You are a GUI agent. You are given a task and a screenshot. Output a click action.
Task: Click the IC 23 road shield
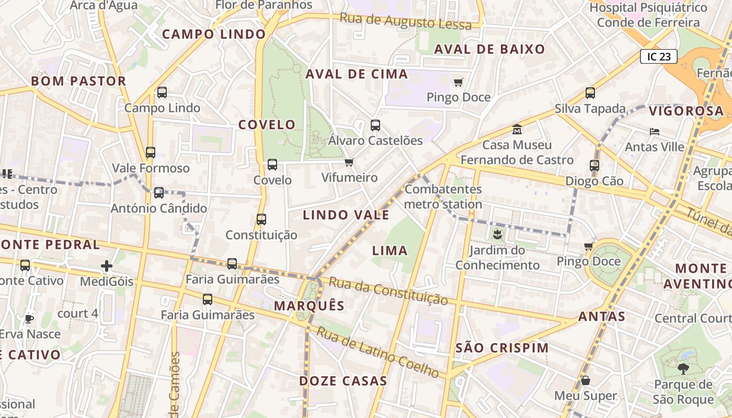point(658,56)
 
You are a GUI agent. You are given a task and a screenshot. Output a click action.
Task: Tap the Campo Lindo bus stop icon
point(162,92)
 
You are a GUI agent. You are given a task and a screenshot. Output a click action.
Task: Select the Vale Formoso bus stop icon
point(151,153)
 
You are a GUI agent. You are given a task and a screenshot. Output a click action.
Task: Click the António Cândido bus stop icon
point(159,193)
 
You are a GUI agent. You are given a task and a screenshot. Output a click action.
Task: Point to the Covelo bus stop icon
point(272,165)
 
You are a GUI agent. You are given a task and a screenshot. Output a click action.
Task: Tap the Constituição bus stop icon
point(261,219)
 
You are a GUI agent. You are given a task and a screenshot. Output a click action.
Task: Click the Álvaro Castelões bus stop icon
point(375,125)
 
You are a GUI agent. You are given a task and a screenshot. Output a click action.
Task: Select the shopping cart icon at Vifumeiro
point(349,162)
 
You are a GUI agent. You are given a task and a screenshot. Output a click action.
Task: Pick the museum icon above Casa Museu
point(517,129)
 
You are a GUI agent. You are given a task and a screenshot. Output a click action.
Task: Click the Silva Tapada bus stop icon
point(590,93)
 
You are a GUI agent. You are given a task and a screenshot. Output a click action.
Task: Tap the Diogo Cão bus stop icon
point(594,166)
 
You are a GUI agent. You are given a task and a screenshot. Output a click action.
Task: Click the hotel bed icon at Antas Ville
point(655,132)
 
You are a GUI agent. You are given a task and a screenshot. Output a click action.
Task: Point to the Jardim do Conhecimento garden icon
point(497,235)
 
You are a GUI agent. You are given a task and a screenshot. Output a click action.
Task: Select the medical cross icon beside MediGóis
point(107,266)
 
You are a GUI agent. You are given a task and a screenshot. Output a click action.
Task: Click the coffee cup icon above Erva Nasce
point(29,319)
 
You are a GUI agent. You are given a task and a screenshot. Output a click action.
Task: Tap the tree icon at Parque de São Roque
point(683,369)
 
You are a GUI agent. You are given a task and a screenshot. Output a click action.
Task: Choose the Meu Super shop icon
point(586,380)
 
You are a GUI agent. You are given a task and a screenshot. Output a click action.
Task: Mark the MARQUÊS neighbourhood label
point(310,306)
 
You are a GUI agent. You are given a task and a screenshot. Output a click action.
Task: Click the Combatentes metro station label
point(443,196)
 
